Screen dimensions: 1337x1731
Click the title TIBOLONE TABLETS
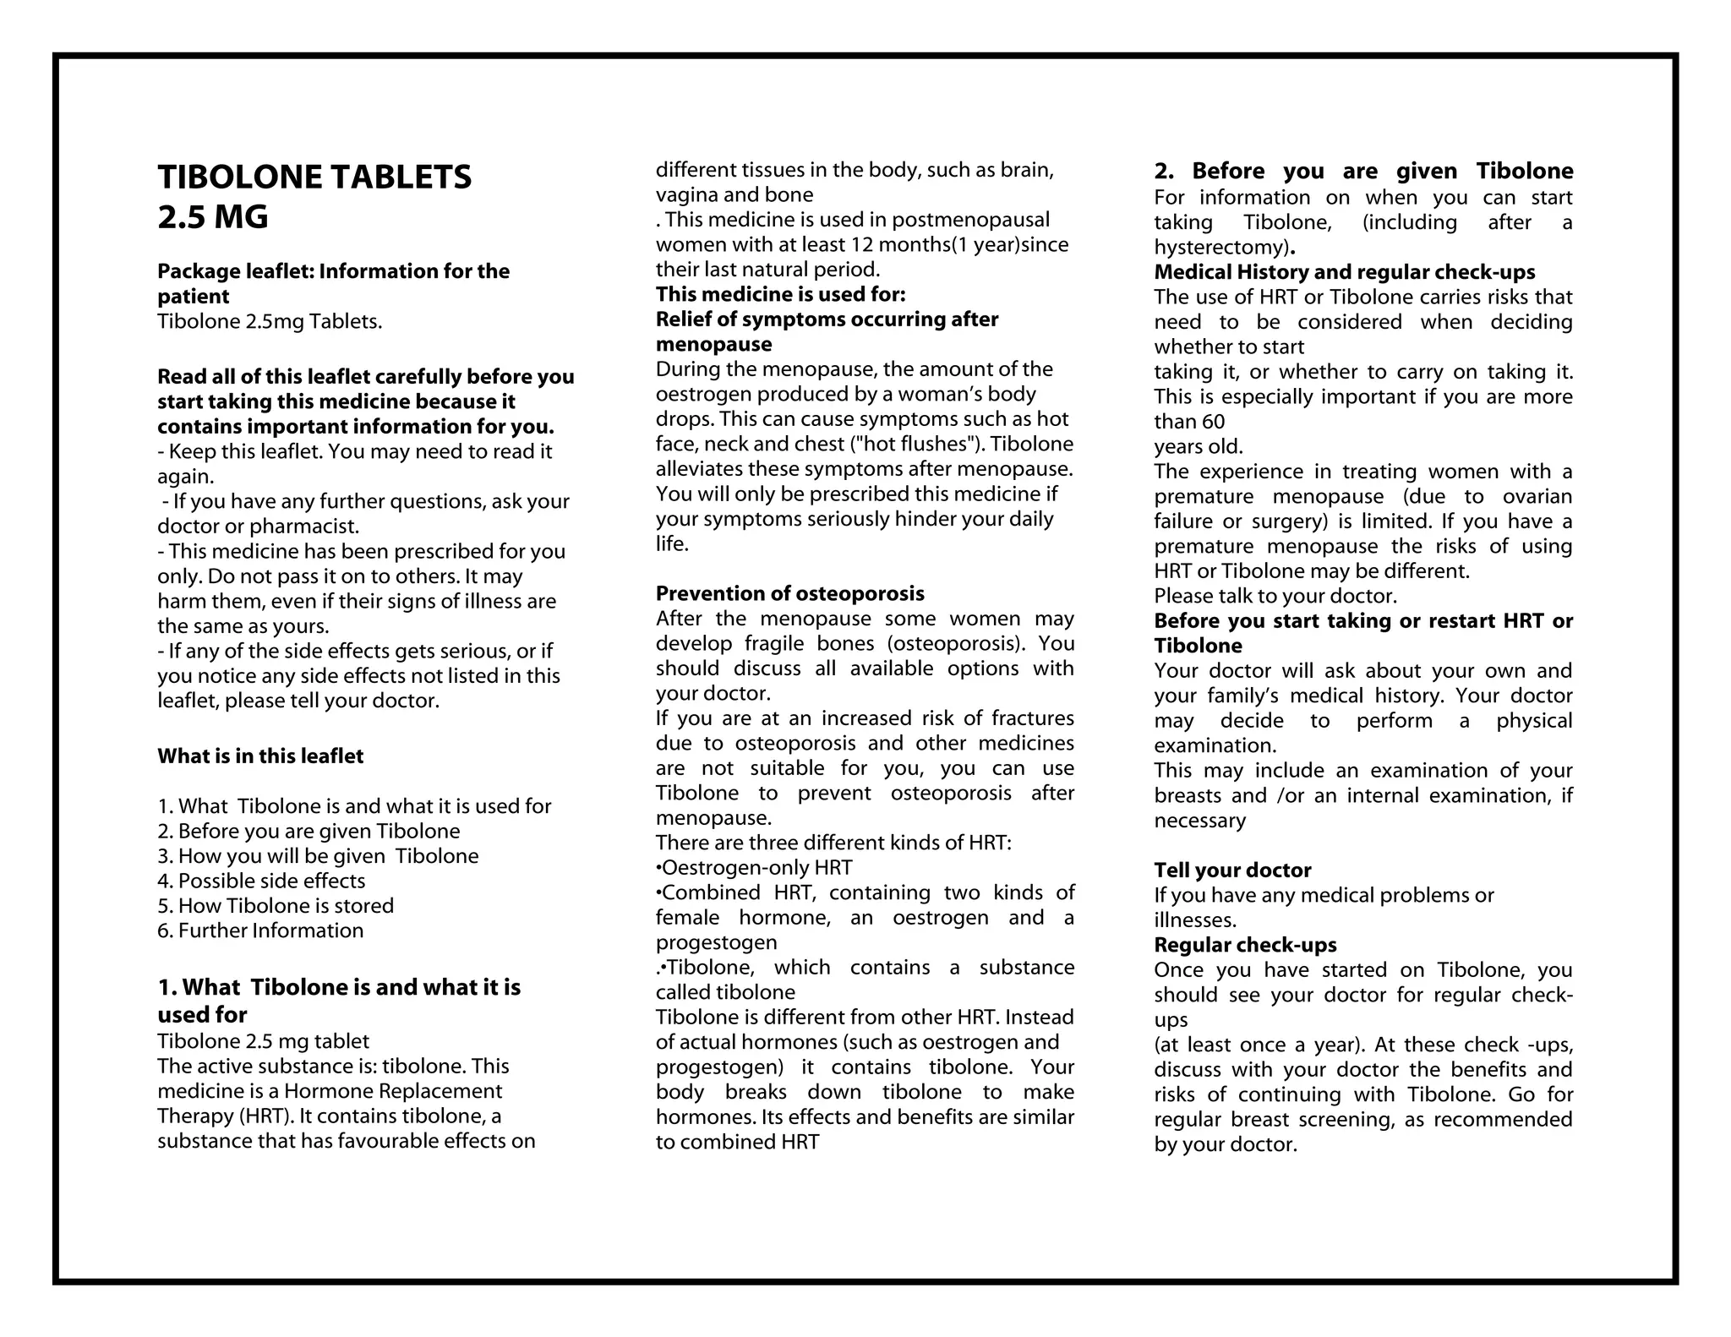(x=314, y=177)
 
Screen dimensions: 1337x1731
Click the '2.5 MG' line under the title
(x=213, y=218)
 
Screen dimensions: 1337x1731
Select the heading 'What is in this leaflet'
(x=260, y=756)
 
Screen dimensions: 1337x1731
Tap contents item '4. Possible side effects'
(x=261, y=881)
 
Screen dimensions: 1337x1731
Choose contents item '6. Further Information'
(x=260, y=930)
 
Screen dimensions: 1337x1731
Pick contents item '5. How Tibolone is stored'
(x=276, y=906)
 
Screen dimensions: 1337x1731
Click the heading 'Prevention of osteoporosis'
(x=789, y=593)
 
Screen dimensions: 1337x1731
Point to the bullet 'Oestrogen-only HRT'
(x=756, y=868)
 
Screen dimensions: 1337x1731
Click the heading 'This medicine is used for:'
(x=780, y=295)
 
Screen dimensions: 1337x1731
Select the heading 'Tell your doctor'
(x=1232, y=870)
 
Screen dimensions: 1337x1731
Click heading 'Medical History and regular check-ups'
(x=1344, y=272)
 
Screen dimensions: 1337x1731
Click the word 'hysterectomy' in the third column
(x=1220, y=248)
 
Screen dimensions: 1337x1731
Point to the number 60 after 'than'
(x=1212, y=422)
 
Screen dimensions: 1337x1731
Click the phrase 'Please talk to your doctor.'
(x=1275, y=597)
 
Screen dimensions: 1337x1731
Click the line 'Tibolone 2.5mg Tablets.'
(x=270, y=322)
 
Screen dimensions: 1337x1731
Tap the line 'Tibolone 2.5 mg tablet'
(x=263, y=1041)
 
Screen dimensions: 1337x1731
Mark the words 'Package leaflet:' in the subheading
(x=236, y=271)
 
